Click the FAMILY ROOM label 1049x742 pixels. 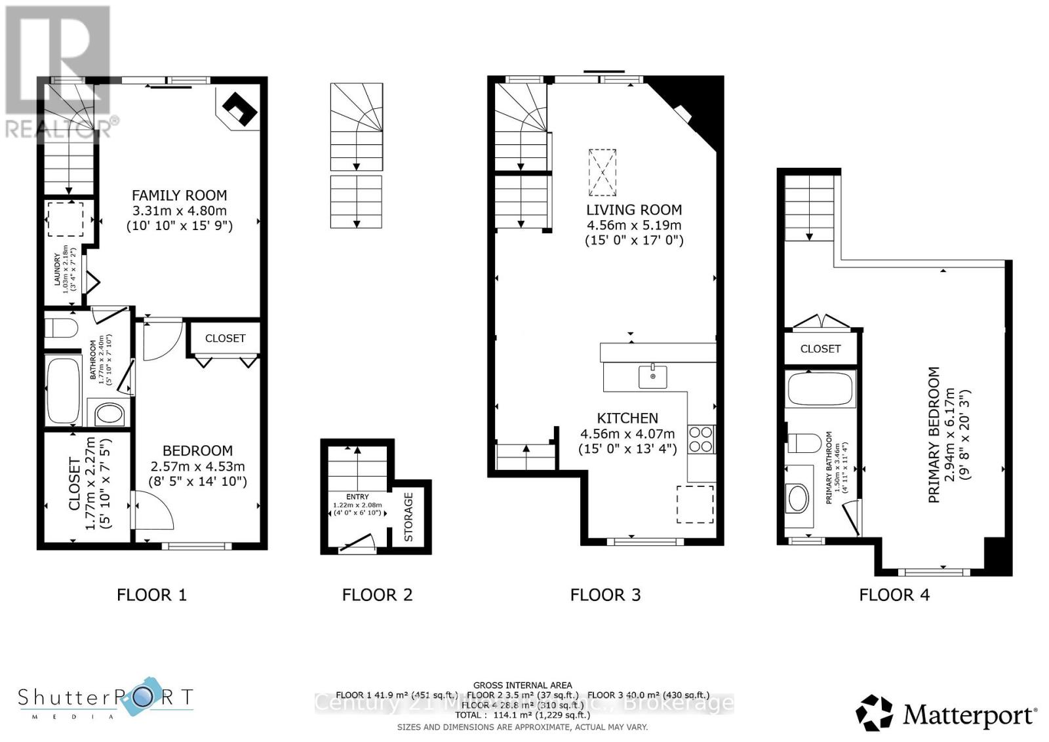[179, 195]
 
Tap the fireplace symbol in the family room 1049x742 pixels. [239, 109]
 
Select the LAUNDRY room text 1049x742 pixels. [57, 269]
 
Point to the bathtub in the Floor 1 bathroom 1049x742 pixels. [64, 390]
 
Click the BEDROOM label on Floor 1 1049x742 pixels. [197, 451]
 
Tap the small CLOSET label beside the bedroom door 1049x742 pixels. [225, 338]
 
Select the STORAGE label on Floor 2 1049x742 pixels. [408, 517]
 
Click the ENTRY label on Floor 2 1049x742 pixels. [357, 497]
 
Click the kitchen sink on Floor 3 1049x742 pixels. [653, 377]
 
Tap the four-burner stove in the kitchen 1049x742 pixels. [701, 439]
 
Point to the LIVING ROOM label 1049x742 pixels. [633, 210]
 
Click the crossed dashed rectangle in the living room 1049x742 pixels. [602, 172]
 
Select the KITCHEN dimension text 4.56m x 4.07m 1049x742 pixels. [627, 434]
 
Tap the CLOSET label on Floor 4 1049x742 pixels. [820, 349]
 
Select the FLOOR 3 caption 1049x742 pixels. [605, 595]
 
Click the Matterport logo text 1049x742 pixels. [969, 714]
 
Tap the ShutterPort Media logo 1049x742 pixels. [105, 702]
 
